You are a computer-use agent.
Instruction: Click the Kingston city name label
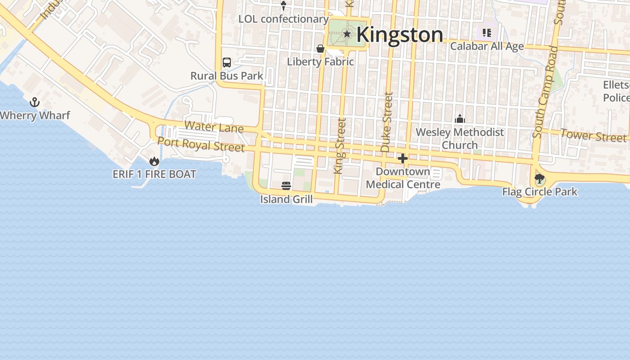point(400,35)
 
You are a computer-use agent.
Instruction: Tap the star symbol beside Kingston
point(347,34)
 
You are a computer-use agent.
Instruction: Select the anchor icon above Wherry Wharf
point(35,103)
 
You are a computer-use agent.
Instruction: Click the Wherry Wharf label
point(35,116)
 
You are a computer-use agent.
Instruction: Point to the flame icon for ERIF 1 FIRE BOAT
point(154,161)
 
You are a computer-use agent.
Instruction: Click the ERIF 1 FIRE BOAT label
point(154,174)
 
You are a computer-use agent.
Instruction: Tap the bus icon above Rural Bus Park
point(227,63)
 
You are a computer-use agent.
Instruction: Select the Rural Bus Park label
point(227,76)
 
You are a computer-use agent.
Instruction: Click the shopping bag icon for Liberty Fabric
point(320,49)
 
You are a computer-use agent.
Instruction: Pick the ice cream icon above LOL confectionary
point(283,6)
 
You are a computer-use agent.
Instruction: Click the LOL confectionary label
point(283,19)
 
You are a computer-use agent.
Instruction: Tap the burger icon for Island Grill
point(286,186)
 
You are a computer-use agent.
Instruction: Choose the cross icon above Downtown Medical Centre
point(403,158)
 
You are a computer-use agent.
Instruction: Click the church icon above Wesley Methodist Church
point(459,119)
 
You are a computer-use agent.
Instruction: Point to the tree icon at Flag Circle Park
point(540,179)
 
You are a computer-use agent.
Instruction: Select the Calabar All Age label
point(487,46)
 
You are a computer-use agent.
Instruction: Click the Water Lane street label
point(214,126)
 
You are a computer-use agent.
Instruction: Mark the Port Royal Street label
point(201,144)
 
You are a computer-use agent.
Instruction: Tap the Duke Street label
point(387,122)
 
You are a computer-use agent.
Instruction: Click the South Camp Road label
point(544,92)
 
